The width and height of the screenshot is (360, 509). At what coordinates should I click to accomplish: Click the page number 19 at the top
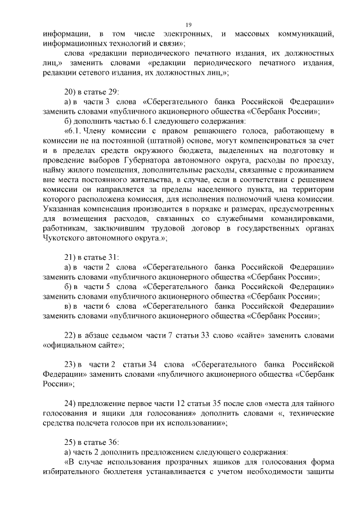coord(188,24)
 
